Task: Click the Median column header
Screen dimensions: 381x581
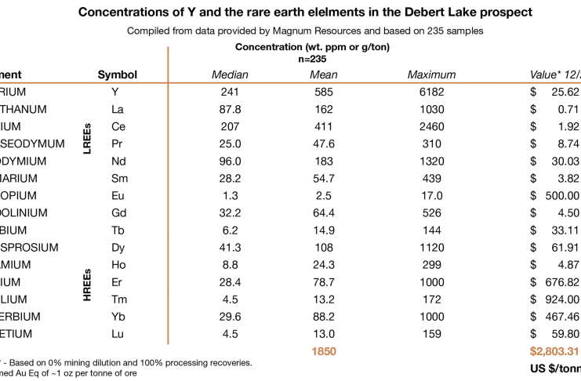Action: click(231, 74)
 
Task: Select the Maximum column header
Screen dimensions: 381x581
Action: click(431, 74)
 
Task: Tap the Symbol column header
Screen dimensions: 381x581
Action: click(118, 74)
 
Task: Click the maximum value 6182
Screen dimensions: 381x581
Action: click(431, 92)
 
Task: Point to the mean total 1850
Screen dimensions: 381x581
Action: click(324, 353)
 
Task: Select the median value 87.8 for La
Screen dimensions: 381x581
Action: click(231, 109)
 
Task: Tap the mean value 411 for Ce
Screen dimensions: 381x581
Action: click(324, 126)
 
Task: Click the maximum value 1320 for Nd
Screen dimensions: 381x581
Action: click(431, 161)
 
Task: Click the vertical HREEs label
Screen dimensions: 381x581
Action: click(87, 282)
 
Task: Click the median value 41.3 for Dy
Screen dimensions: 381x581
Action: click(231, 247)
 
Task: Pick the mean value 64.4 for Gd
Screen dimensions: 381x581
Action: click(324, 212)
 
